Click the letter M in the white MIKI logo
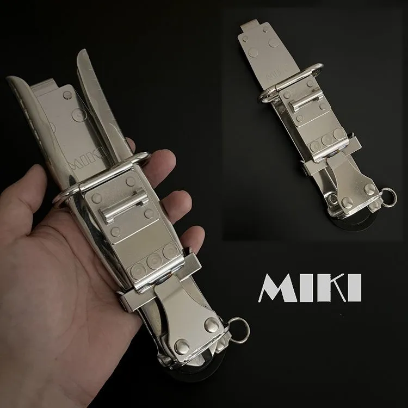[278, 288]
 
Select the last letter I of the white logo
[355, 288]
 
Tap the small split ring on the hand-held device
[239, 330]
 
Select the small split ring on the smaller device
[389, 197]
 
